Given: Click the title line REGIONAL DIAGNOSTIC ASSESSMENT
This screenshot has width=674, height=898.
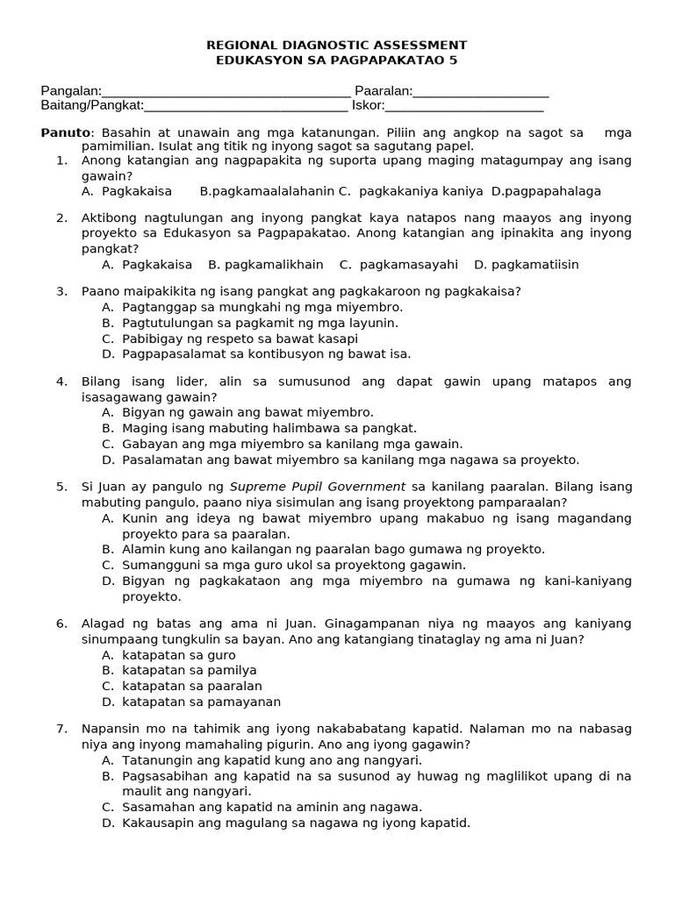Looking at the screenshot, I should tap(336, 45).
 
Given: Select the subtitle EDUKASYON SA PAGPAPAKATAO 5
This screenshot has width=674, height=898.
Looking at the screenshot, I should tap(336, 61).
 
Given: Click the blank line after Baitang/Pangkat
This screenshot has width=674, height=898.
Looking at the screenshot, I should tap(246, 107).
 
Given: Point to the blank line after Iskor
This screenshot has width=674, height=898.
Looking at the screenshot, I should tap(464, 107).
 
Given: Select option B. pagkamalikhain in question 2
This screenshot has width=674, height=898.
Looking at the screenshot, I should tap(266, 265).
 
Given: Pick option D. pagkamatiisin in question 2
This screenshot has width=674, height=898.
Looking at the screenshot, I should tap(527, 265).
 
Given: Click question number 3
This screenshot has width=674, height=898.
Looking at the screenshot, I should tap(61, 291).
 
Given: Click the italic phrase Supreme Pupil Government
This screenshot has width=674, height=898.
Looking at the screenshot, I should tap(318, 487).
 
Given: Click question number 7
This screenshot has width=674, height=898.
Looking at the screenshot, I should tap(61, 729).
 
